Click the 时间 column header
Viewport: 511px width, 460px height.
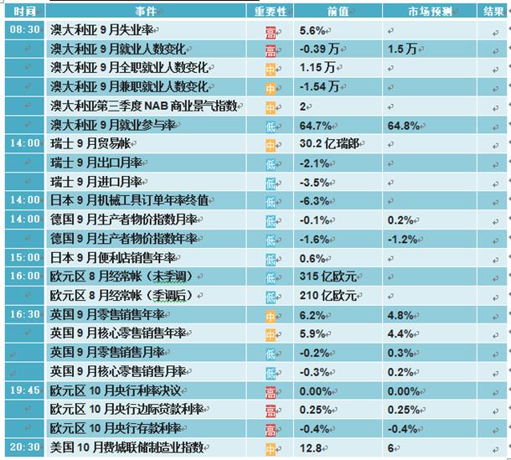pos(24,12)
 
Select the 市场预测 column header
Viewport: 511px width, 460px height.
pos(431,12)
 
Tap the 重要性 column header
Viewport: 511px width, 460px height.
pos(271,12)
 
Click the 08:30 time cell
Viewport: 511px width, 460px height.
pos(25,29)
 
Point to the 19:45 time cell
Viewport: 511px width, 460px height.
pos(25,390)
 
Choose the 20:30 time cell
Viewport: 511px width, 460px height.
pos(25,447)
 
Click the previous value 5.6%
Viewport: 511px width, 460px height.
pos(312,31)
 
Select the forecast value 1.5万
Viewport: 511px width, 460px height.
pos(402,49)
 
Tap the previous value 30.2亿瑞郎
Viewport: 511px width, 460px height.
pos(329,143)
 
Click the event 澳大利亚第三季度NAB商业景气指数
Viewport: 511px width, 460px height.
pos(144,106)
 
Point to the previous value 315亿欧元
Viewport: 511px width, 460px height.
pos(328,277)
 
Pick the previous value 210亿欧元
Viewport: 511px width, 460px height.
pos(328,296)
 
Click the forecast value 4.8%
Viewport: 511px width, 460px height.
pos(400,315)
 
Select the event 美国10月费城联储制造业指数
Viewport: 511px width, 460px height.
pos(126,447)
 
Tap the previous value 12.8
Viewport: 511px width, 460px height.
pos(311,448)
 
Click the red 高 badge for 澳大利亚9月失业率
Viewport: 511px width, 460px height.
pos(271,33)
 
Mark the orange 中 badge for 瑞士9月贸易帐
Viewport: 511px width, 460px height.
pos(271,146)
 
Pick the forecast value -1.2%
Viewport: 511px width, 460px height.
pos(402,240)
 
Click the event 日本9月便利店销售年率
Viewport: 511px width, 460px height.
pos(113,258)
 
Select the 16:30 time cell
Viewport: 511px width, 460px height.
pos(25,314)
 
